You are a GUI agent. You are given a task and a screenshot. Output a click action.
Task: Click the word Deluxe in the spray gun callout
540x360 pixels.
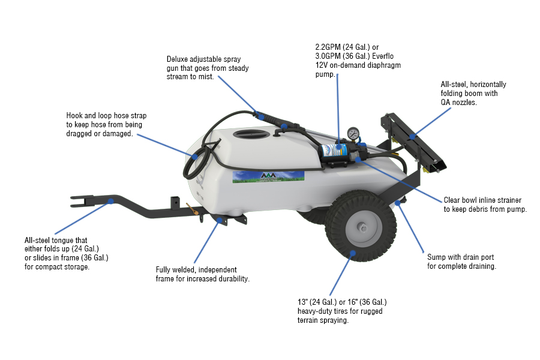[x=179, y=59]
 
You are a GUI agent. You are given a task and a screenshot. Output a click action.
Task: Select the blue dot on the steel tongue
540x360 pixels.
[x=110, y=202]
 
